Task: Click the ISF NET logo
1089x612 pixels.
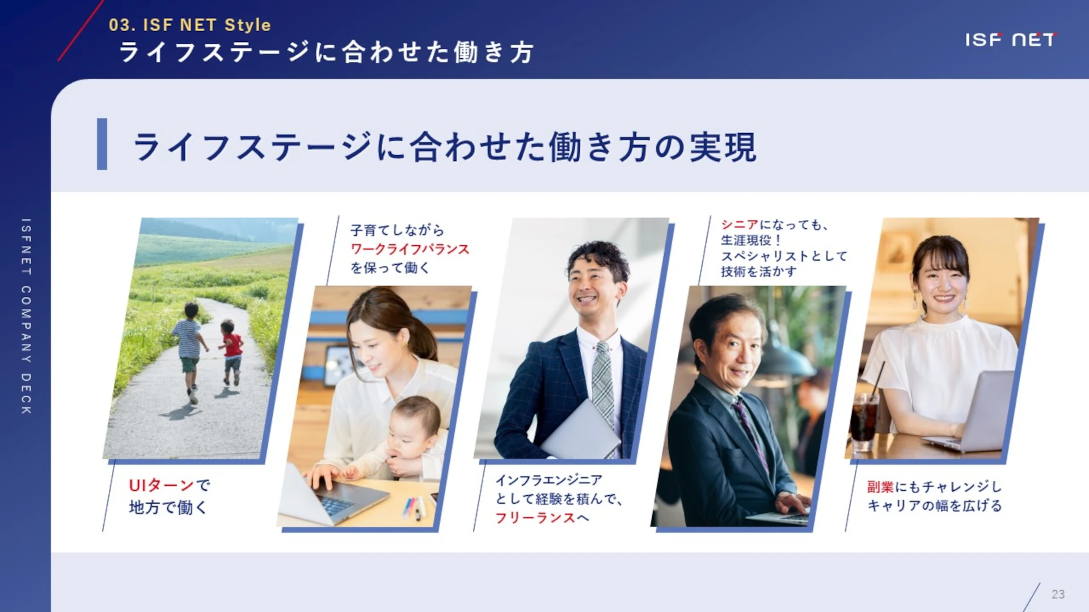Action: tap(1010, 39)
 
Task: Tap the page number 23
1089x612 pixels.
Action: tap(1058, 594)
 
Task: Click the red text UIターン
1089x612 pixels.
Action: tap(162, 485)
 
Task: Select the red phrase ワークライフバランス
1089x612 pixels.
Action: tap(410, 249)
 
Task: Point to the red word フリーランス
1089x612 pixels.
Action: tap(535, 517)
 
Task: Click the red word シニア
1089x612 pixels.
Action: tap(740, 225)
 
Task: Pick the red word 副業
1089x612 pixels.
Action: tap(880, 487)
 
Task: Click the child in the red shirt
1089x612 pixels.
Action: tap(231, 352)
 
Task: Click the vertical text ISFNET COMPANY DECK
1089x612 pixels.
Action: tap(26, 316)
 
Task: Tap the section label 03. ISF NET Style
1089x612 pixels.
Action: tap(189, 25)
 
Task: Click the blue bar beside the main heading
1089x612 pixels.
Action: tap(102, 144)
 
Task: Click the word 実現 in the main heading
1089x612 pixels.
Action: tap(723, 147)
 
